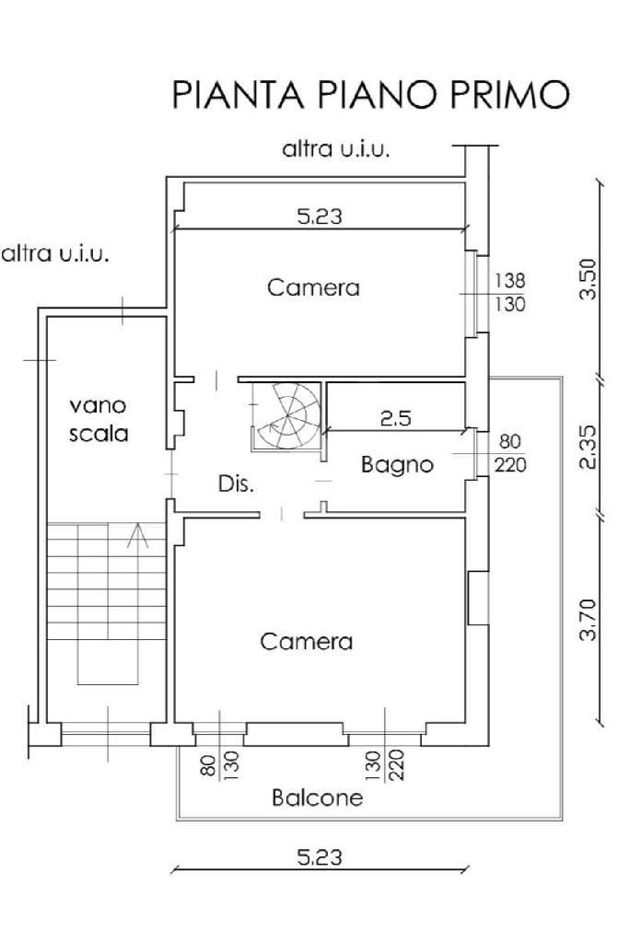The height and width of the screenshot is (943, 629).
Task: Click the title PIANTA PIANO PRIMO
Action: tap(370, 95)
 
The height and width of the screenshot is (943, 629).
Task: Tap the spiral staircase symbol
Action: tap(287, 415)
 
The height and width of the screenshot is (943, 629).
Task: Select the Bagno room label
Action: tap(397, 465)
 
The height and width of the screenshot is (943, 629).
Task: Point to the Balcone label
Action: tap(318, 797)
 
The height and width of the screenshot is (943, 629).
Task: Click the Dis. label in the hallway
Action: tap(236, 483)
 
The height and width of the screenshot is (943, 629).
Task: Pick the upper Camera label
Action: tap(313, 287)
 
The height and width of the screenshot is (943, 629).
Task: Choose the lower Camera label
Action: tap(306, 642)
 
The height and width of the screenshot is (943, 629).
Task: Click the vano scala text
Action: tap(98, 419)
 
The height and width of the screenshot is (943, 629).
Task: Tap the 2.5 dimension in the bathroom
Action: tap(396, 418)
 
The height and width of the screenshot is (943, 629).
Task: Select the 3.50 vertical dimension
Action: tap(590, 278)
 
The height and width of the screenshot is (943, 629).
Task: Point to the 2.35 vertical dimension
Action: tap(590, 447)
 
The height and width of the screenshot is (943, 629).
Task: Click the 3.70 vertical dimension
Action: tap(590, 620)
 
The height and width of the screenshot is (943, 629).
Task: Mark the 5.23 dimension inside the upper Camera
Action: tap(320, 215)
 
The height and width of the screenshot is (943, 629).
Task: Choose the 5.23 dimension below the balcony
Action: tap(320, 857)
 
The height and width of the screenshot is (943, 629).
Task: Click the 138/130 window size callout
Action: tap(510, 292)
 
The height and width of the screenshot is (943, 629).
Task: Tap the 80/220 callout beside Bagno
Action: tap(510, 453)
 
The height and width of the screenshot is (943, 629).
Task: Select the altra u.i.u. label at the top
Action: tap(336, 148)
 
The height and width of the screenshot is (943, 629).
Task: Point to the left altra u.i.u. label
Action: tap(55, 254)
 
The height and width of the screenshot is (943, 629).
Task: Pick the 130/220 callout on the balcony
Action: tap(386, 764)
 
